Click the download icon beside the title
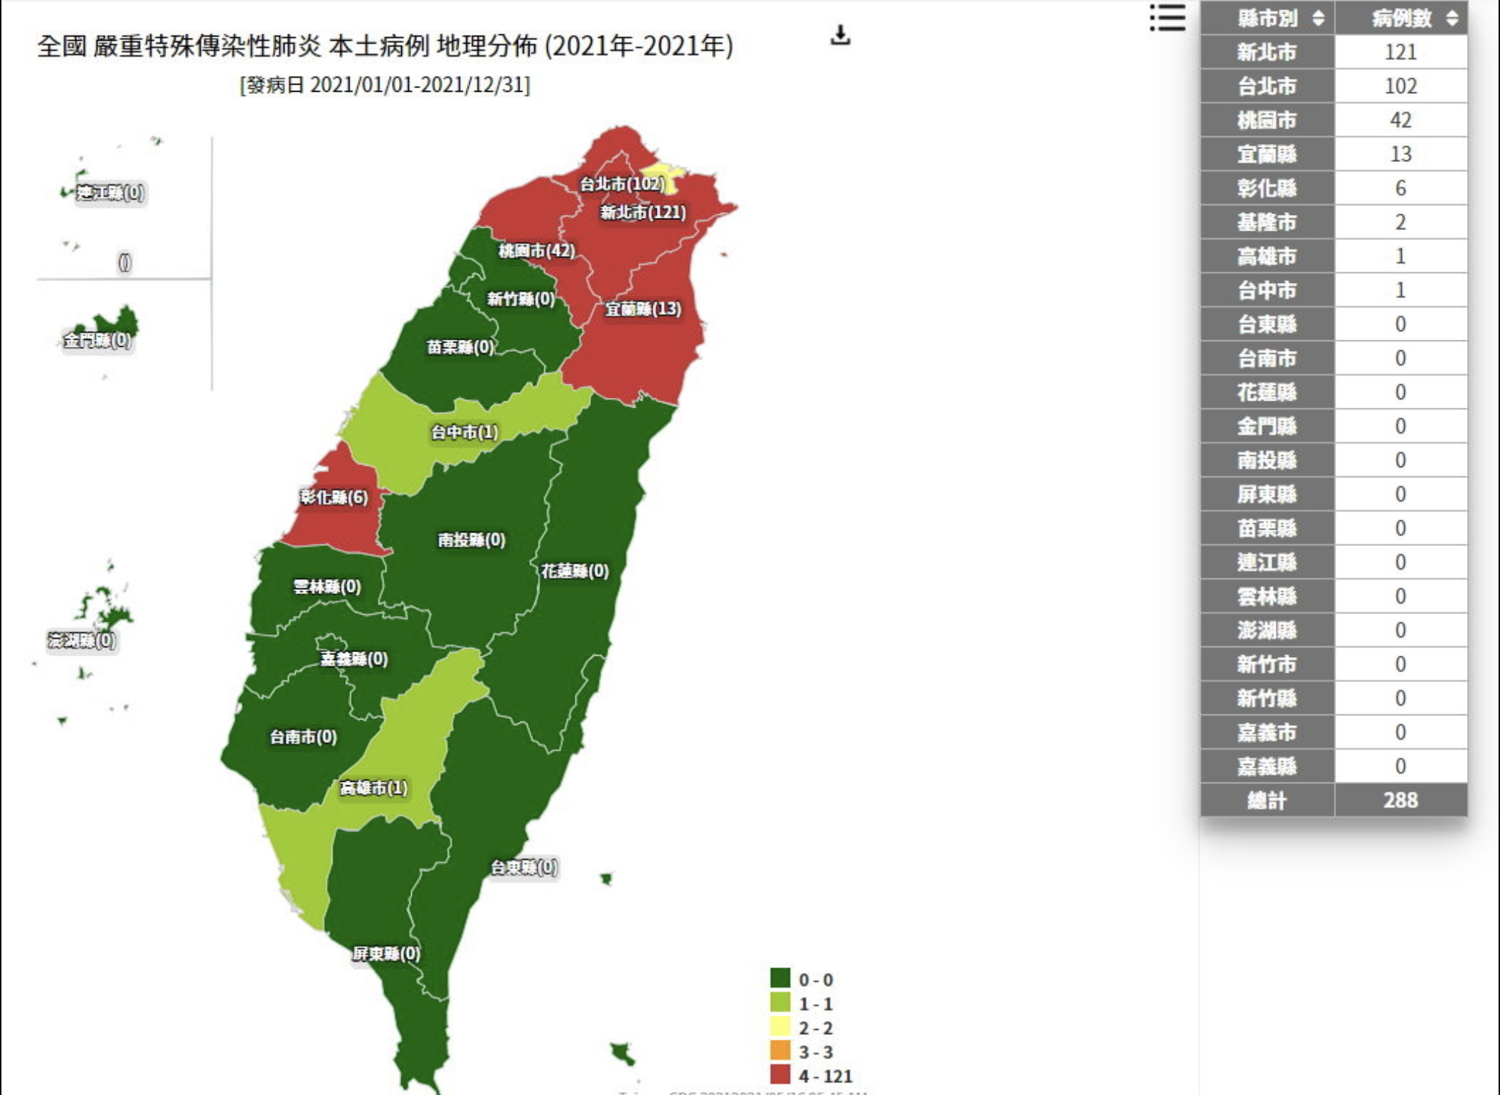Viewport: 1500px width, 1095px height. click(x=840, y=35)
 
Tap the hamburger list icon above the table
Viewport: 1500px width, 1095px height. click(x=1168, y=18)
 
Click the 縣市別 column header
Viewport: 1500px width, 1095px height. click(x=1267, y=18)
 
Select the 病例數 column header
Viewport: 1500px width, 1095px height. click(x=1401, y=18)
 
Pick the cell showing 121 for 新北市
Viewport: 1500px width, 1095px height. click(x=1400, y=52)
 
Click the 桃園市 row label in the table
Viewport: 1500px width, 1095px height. click(x=1267, y=120)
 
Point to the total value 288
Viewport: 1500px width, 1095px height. click(x=1400, y=800)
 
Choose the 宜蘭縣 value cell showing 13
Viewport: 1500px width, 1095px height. click(x=1400, y=154)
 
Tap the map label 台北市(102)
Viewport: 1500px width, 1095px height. click(x=622, y=184)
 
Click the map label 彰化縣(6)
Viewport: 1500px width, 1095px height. click(x=334, y=497)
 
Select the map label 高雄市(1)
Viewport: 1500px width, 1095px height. click(x=373, y=788)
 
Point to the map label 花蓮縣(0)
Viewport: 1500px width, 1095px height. click(x=574, y=571)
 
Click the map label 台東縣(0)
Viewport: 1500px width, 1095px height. click(x=524, y=867)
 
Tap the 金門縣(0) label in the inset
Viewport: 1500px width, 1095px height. click(x=97, y=340)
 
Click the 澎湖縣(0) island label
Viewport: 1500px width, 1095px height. click(x=82, y=640)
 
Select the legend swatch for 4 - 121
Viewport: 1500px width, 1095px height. click(x=780, y=1074)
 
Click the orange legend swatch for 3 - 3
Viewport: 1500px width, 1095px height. click(x=780, y=1051)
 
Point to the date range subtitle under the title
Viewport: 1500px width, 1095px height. click(x=385, y=85)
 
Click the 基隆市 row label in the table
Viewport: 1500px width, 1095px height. click(x=1267, y=222)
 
